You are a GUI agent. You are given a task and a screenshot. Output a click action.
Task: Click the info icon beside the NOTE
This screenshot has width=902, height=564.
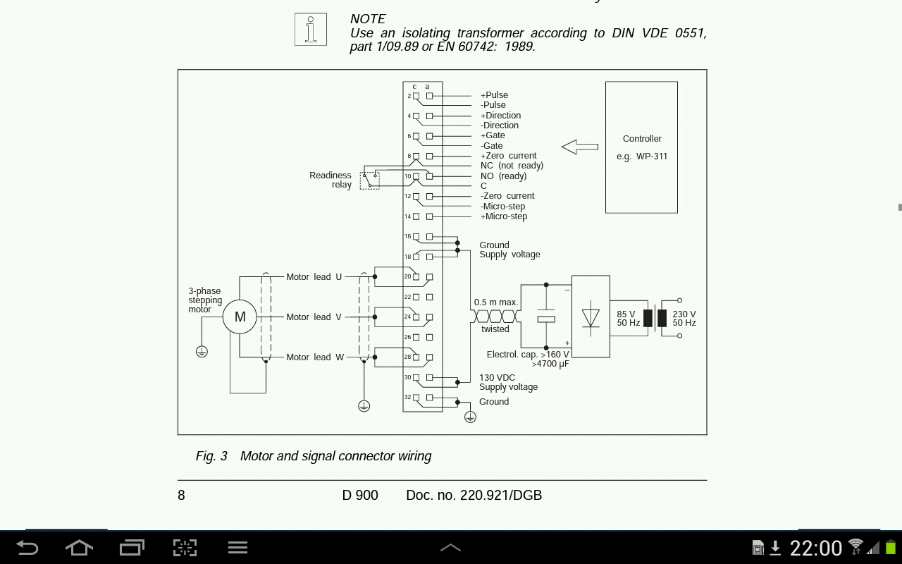[x=311, y=30]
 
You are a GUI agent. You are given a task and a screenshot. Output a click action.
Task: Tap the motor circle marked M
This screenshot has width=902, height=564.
[x=240, y=317]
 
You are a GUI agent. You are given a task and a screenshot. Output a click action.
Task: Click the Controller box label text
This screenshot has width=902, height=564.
[x=642, y=139]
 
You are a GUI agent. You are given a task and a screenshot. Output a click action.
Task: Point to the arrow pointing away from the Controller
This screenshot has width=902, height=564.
[x=580, y=147]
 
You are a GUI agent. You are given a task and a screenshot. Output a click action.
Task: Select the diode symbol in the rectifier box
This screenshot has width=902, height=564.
[x=591, y=317]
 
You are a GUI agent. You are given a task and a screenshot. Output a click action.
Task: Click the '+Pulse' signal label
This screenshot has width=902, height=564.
[x=494, y=95]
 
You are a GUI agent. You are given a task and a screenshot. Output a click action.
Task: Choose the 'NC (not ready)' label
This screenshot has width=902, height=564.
[x=512, y=166]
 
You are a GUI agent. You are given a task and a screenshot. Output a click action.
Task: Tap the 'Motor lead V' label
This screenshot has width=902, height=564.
[x=314, y=317]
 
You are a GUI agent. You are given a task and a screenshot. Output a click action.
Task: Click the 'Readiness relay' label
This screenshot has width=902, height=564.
[x=330, y=180]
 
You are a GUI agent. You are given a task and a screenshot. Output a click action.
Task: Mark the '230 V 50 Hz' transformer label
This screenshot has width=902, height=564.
[x=684, y=319]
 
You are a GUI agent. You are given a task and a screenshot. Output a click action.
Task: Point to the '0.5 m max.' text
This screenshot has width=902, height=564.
[x=496, y=302]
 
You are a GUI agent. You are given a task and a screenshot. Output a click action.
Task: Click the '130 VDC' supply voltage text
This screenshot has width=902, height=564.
[x=497, y=378]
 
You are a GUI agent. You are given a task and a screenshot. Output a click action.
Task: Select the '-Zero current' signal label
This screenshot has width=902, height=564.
[x=507, y=196]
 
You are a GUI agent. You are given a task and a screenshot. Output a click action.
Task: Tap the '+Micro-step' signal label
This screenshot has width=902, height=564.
[x=504, y=216]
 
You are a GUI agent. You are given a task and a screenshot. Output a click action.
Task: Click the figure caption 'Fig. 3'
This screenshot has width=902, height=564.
[x=211, y=456]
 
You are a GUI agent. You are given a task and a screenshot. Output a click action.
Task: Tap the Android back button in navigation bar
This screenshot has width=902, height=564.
[x=27, y=548]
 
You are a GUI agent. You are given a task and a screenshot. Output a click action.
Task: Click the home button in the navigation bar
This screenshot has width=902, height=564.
[x=79, y=548]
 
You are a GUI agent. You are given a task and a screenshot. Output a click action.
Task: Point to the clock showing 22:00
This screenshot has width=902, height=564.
[x=816, y=548]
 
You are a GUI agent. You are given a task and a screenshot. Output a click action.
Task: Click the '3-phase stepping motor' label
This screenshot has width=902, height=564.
[x=205, y=300]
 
